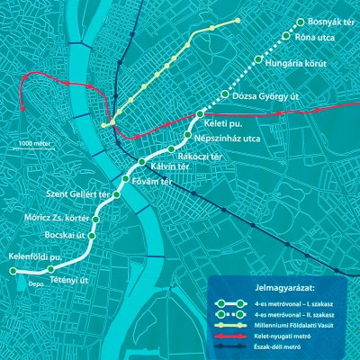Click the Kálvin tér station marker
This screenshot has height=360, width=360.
tap(142, 162)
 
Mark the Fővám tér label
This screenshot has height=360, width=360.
tap(152, 183)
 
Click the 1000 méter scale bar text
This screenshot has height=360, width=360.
tap(35, 143)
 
